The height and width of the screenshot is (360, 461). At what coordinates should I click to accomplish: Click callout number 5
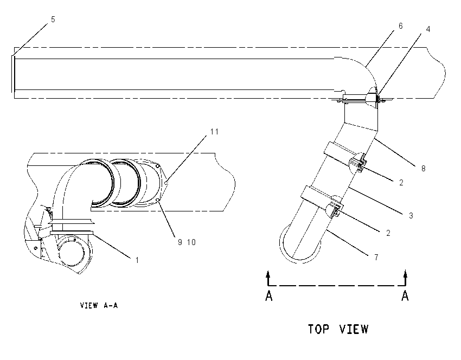point(53,20)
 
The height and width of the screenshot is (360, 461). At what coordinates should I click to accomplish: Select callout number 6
point(400,26)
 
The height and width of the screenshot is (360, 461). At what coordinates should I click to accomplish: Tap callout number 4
point(428,29)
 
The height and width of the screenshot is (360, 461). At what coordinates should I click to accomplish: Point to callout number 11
point(215,132)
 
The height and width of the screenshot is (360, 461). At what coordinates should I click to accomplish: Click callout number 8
point(424,169)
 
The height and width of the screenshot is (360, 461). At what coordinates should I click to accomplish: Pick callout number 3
point(411,216)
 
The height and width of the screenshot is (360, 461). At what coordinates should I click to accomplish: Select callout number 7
point(376,258)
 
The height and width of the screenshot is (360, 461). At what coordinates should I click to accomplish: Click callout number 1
point(137,260)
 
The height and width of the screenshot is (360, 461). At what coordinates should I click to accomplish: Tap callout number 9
point(180,242)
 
